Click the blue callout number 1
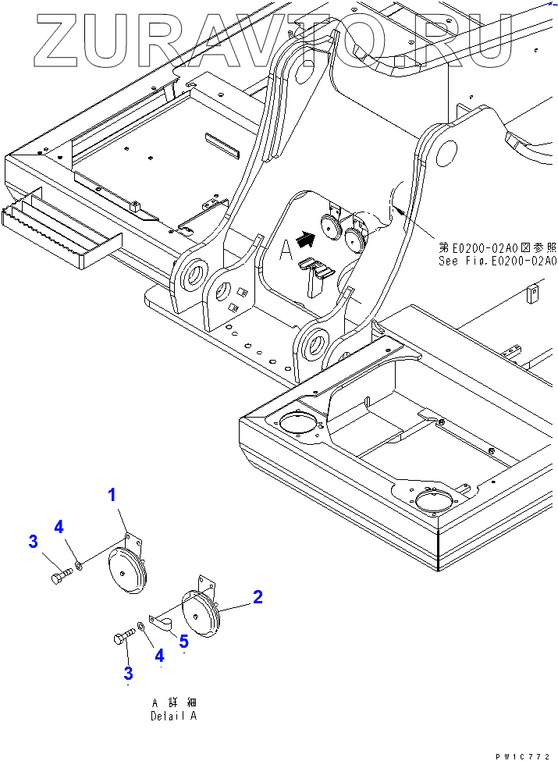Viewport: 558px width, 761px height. pyautogui.click(x=112, y=494)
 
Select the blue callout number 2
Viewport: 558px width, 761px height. pyautogui.click(x=257, y=598)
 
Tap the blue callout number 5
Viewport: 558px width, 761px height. pyautogui.click(x=183, y=642)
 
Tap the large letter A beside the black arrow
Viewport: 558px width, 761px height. pyautogui.click(x=286, y=249)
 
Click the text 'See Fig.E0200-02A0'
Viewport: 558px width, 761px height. pyautogui.click(x=497, y=261)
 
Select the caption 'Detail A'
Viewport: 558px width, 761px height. pyautogui.click(x=173, y=715)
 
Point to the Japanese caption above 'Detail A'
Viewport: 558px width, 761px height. pyautogui.click(x=173, y=702)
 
